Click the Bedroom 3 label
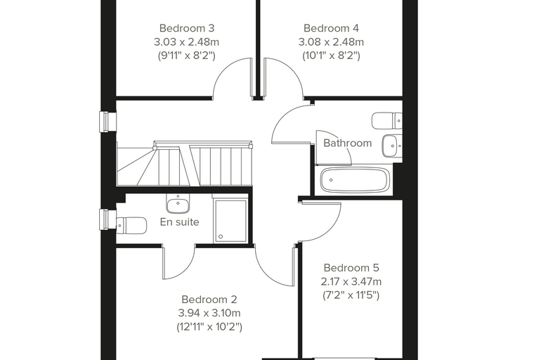tap(187, 28)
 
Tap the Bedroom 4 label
tap(331, 28)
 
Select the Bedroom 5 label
tap(351, 268)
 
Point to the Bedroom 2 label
tap(209, 300)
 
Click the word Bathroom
tap(347, 143)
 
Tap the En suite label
tap(179, 222)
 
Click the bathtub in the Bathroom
tap(354, 180)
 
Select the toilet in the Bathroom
tap(387, 121)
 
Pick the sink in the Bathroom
tap(392, 146)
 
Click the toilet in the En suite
tap(131, 225)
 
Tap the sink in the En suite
tap(178, 204)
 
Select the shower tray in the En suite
tap(230, 220)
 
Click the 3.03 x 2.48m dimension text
tap(187, 42)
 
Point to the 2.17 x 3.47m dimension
tap(351, 282)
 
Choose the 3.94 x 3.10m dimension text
tap(209, 313)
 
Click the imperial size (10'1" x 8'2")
tap(331, 56)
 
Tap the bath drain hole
tap(331, 180)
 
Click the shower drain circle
tap(221, 236)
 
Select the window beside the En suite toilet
tap(108, 220)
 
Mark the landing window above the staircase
tap(108, 122)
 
